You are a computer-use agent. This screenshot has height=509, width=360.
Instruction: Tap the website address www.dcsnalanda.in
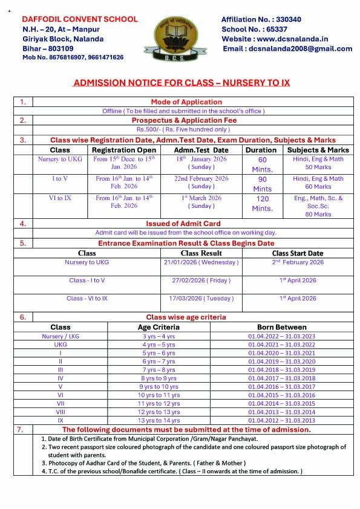280,39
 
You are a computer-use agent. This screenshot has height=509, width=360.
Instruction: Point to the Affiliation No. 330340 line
261,19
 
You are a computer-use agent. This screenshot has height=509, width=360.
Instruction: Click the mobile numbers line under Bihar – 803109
73,57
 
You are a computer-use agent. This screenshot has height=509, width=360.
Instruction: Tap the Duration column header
261,150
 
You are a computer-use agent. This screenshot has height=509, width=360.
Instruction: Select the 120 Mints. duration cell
262,203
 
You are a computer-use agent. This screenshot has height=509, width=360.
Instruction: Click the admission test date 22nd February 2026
201,178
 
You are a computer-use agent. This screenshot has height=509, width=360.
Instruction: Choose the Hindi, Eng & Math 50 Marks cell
318,163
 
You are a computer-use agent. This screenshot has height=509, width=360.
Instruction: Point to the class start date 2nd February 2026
298,262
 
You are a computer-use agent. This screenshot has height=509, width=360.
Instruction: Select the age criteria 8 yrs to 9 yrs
159,378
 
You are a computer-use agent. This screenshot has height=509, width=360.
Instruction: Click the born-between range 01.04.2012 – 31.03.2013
281,420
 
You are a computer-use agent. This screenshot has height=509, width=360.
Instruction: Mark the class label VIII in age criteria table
61,412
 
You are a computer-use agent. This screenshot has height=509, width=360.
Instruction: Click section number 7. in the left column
22,429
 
